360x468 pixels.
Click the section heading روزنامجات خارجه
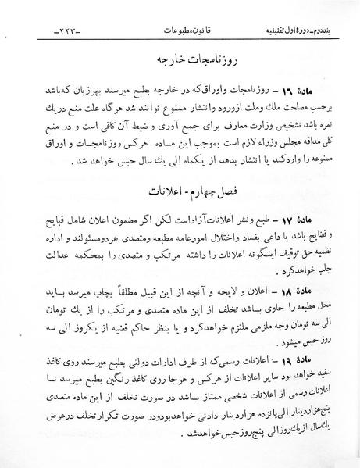180,59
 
